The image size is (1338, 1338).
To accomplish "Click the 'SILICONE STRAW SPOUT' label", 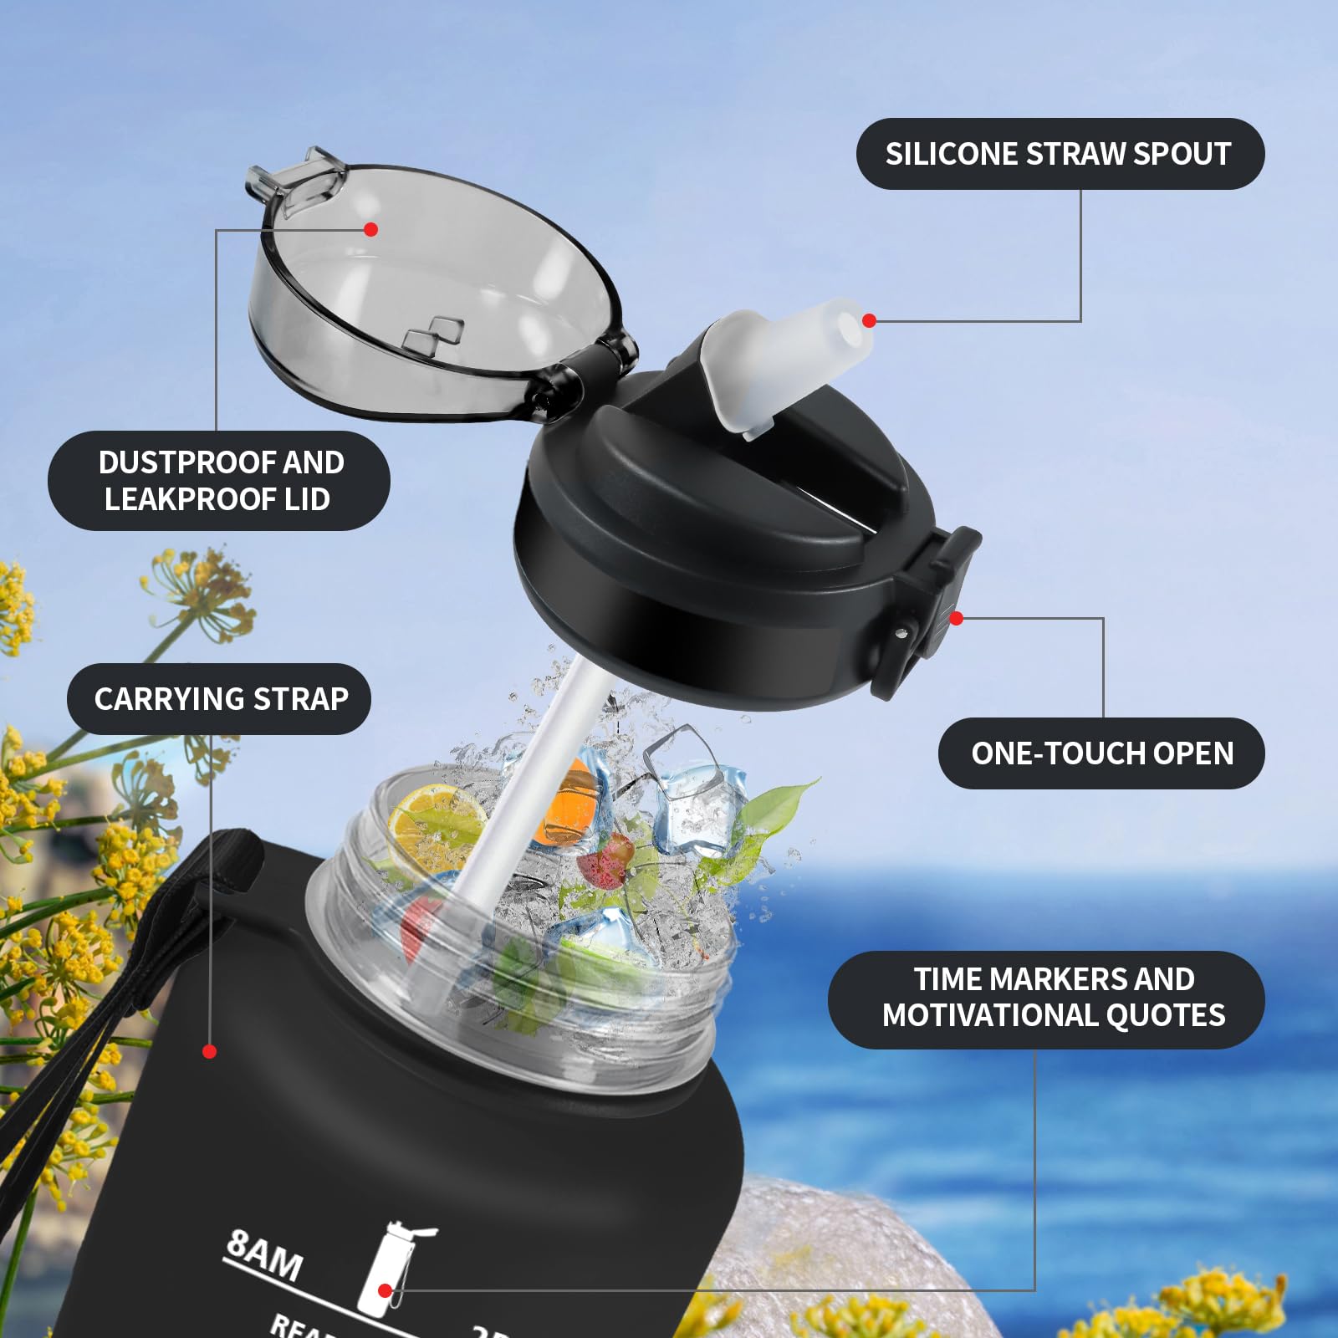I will click(x=1060, y=154).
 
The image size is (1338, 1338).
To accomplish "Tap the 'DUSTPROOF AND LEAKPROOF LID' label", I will click(x=219, y=481).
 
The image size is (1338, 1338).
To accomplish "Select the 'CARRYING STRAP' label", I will click(x=219, y=699).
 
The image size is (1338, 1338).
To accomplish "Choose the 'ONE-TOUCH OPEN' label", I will click(x=1101, y=753).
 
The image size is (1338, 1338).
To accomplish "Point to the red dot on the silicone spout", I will click(x=869, y=320).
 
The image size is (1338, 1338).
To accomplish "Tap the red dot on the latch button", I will click(x=957, y=618).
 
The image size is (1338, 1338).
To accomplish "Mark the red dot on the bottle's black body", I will click(x=210, y=1051).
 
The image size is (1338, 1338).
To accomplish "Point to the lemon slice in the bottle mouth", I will click(x=439, y=824).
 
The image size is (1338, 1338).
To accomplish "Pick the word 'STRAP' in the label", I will click(x=301, y=699).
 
